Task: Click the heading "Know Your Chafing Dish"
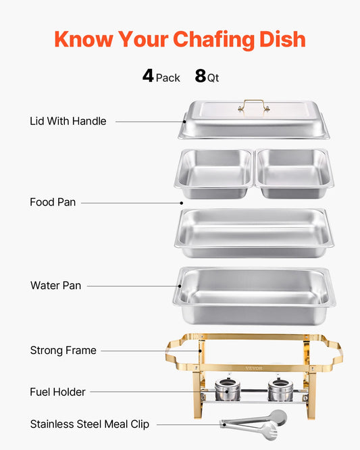pos(180,39)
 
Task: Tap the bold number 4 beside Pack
pos(149,76)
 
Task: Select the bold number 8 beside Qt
pos(201,76)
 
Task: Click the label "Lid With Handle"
pos(68,121)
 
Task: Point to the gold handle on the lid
pos(254,106)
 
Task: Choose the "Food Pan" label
pos(53,202)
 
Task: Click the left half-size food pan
pos(214,174)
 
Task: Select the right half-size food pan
pos(294,174)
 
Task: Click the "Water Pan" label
pos(55,285)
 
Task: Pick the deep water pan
pos(255,295)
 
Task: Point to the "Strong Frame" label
pos(63,350)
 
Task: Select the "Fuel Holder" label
pos(57,391)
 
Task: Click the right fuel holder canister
pos(278,389)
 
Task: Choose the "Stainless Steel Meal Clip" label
pos(90,424)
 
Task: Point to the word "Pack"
pos(168,78)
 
